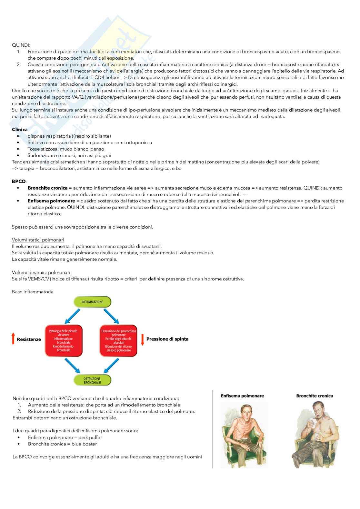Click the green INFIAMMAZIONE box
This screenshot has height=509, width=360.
[x=93, y=302]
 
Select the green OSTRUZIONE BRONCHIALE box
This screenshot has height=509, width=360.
[x=93, y=380]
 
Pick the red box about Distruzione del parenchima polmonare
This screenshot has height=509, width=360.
[x=119, y=341]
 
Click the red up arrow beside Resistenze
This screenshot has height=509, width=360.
[x=13, y=339]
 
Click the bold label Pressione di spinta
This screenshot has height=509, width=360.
[x=167, y=339]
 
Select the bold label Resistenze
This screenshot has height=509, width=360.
[x=29, y=339]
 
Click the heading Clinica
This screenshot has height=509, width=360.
[x=20, y=130]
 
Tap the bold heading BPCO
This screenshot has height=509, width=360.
[x=19, y=181]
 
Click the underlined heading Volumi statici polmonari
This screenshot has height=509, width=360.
[x=38, y=240]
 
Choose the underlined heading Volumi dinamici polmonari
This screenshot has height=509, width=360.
[x=41, y=272]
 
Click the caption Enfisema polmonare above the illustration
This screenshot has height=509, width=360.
[x=242, y=396]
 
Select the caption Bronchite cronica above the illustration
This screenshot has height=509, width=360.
[x=315, y=396]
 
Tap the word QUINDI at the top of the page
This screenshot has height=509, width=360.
[x=21, y=45]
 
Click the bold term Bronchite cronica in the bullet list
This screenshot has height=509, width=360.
[x=48, y=188]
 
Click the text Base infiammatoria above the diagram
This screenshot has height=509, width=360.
[x=33, y=292]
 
